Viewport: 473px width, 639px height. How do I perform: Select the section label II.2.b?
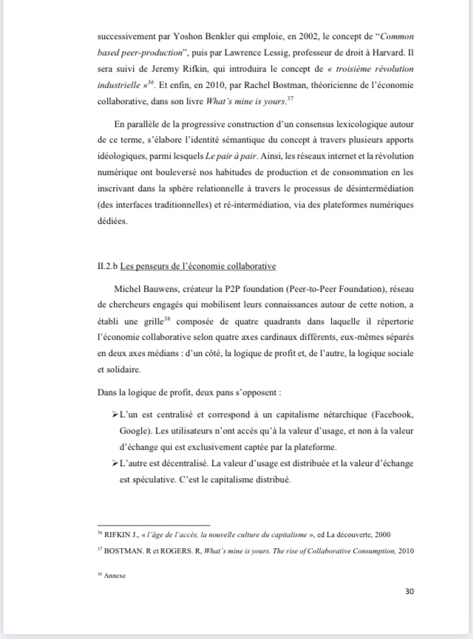[x=108, y=266]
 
